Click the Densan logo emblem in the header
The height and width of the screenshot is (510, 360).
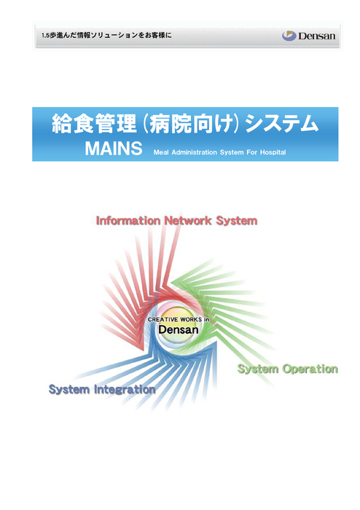point(289,36)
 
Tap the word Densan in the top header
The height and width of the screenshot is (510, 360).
point(316,36)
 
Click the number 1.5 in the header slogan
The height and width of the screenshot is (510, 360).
point(45,36)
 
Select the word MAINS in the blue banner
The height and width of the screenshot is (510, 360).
point(114,149)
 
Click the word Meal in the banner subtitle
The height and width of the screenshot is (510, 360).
point(161,152)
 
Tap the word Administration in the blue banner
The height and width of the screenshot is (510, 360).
point(194,152)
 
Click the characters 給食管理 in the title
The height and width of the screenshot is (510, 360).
point(94,124)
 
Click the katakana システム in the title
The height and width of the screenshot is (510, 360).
point(281,124)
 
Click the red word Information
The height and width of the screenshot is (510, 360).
point(128,221)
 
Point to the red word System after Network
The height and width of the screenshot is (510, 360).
point(237,221)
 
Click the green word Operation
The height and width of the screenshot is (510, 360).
point(310,369)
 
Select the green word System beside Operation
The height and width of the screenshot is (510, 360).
point(258,369)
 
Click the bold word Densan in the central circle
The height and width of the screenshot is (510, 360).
point(179,330)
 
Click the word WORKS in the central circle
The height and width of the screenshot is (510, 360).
point(191,320)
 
